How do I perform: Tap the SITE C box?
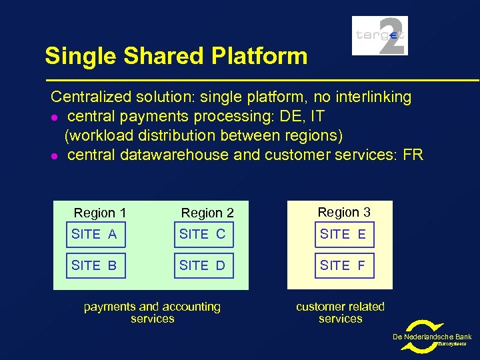click(x=203, y=235)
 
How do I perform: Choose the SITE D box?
click(x=203, y=265)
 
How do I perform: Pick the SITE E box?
click(x=344, y=235)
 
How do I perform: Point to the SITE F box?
click(x=344, y=265)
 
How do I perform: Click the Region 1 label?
click(x=99, y=213)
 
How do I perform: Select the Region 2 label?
click(x=207, y=213)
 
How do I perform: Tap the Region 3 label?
click(x=343, y=212)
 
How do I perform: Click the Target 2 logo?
click(x=379, y=35)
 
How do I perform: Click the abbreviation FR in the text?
click(x=413, y=155)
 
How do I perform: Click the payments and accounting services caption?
click(x=152, y=313)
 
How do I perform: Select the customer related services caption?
click(x=340, y=313)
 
